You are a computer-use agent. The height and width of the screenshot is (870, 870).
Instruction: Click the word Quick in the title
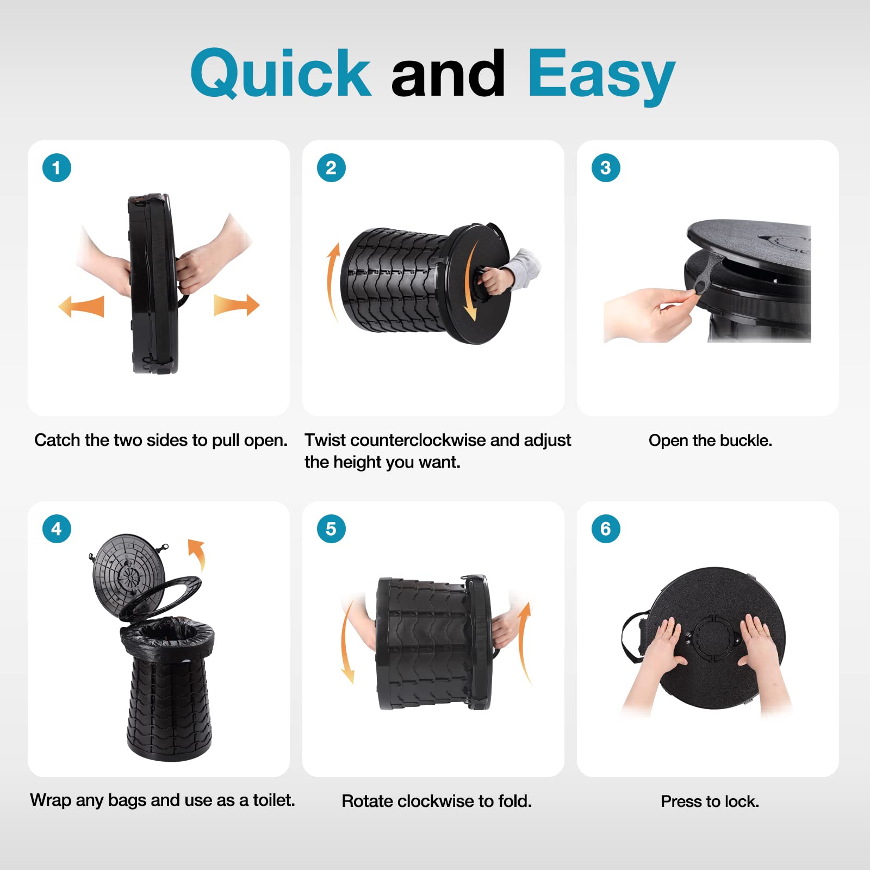[281, 73]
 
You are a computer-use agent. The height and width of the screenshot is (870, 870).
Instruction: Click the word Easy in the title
[601, 76]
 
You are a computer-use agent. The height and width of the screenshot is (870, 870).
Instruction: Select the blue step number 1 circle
[57, 167]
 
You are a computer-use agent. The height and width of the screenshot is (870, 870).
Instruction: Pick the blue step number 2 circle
[331, 167]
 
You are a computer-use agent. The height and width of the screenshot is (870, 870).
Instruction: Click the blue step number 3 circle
[606, 167]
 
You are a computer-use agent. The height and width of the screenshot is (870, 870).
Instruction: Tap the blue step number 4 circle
[57, 529]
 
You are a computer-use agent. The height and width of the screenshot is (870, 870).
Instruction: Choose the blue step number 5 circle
[331, 529]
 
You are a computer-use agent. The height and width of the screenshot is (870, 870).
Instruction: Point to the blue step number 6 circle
[606, 529]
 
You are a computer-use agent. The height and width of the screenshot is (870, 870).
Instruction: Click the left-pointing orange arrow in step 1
[82, 306]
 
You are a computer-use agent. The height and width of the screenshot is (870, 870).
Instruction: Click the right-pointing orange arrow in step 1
[237, 304]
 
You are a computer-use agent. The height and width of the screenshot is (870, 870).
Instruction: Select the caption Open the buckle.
[710, 440]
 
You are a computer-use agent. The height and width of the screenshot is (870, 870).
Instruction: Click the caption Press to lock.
[710, 801]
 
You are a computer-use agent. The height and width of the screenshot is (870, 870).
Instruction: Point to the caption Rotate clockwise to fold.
[437, 801]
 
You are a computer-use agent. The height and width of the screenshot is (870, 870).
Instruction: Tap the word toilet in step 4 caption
[274, 800]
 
